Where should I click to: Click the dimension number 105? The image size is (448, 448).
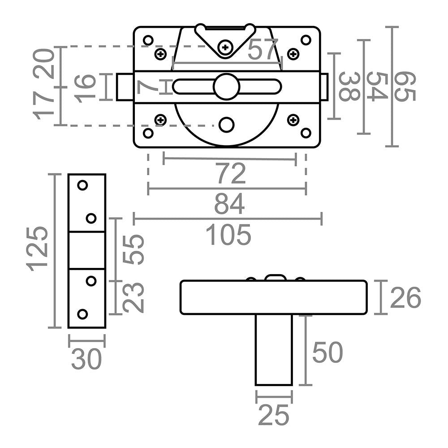tap(228, 235)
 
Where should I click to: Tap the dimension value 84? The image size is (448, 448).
tap(229, 204)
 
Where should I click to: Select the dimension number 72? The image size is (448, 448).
tap(231, 174)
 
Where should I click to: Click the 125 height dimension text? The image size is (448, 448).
tap(38, 249)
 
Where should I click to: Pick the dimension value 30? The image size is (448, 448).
tap(86, 360)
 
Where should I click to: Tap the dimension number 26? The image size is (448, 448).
tap(405, 298)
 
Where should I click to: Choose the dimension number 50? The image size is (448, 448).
tap(327, 352)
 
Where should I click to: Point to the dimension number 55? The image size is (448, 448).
tap(133, 250)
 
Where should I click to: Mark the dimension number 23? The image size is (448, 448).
tap(133, 297)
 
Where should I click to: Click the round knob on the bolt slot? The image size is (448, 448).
tap(227, 87)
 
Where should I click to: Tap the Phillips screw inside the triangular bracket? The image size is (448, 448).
tap(225, 47)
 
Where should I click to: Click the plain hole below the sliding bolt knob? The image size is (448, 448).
tap(227, 125)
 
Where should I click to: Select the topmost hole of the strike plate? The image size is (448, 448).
tap(82, 185)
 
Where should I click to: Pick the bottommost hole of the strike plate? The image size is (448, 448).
tap(82, 314)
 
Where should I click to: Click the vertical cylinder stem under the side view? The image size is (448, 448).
tap(273, 349)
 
